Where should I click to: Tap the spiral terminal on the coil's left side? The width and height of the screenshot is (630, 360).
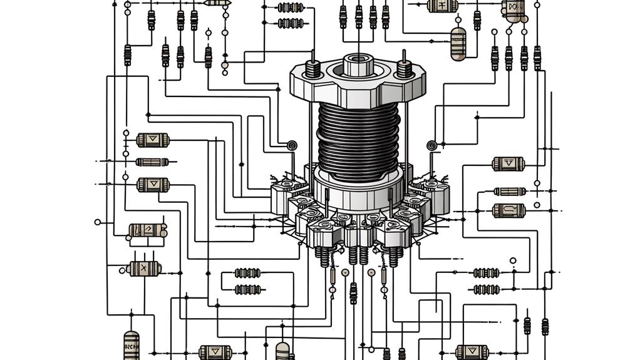(291, 146)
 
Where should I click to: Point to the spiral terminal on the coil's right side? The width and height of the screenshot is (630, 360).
(431, 146)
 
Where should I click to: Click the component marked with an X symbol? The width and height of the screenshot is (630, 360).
(144, 269)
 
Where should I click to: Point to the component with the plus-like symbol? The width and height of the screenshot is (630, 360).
(443, 6)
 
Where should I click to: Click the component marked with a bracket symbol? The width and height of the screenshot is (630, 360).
(509, 210)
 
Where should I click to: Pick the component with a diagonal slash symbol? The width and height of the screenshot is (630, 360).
(147, 230)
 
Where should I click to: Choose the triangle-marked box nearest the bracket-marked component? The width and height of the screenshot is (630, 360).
(508, 164)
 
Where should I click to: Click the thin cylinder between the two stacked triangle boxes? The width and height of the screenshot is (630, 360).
(152, 162)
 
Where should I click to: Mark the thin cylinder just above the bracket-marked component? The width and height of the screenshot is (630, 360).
(510, 192)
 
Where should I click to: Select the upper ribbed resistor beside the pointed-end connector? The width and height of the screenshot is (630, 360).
(291, 8)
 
